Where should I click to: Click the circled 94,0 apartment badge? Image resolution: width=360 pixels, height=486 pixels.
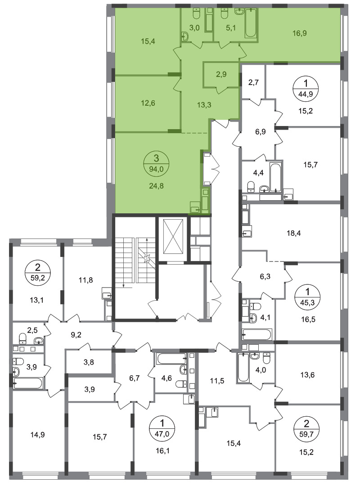pyautogui.click(x=156, y=164)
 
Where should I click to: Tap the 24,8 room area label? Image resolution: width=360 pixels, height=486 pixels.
pyautogui.click(x=156, y=186)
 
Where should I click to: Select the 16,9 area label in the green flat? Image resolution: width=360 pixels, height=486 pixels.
pyautogui.click(x=300, y=33)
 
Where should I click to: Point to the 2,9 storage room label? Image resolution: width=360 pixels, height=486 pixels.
pyautogui.click(x=221, y=74)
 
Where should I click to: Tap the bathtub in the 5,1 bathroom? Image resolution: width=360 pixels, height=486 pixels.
pyautogui.click(x=251, y=23)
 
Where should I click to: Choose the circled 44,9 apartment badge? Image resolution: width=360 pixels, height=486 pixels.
pyautogui.click(x=306, y=88)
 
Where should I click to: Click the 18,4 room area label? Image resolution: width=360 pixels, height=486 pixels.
pyautogui.click(x=294, y=233)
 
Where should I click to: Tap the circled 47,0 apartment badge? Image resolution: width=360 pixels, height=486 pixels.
pyautogui.click(x=162, y=428)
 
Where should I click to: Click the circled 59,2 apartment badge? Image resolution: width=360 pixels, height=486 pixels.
pyautogui.click(x=37, y=272)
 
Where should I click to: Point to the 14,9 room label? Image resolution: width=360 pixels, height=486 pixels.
pyautogui.click(x=37, y=435)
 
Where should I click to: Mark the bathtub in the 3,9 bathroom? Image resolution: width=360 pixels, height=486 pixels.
pyautogui.click(x=27, y=383)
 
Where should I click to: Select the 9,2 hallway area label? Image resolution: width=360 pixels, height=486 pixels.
pyautogui.click(x=76, y=335)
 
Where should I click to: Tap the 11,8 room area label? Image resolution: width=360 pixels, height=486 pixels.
pyautogui.click(x=85, y=280)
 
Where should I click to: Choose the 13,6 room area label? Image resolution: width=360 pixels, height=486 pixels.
pyautogui.click(x=307, y=375)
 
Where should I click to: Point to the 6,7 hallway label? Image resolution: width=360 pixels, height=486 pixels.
pyautogui.click(x=134, y=378)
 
